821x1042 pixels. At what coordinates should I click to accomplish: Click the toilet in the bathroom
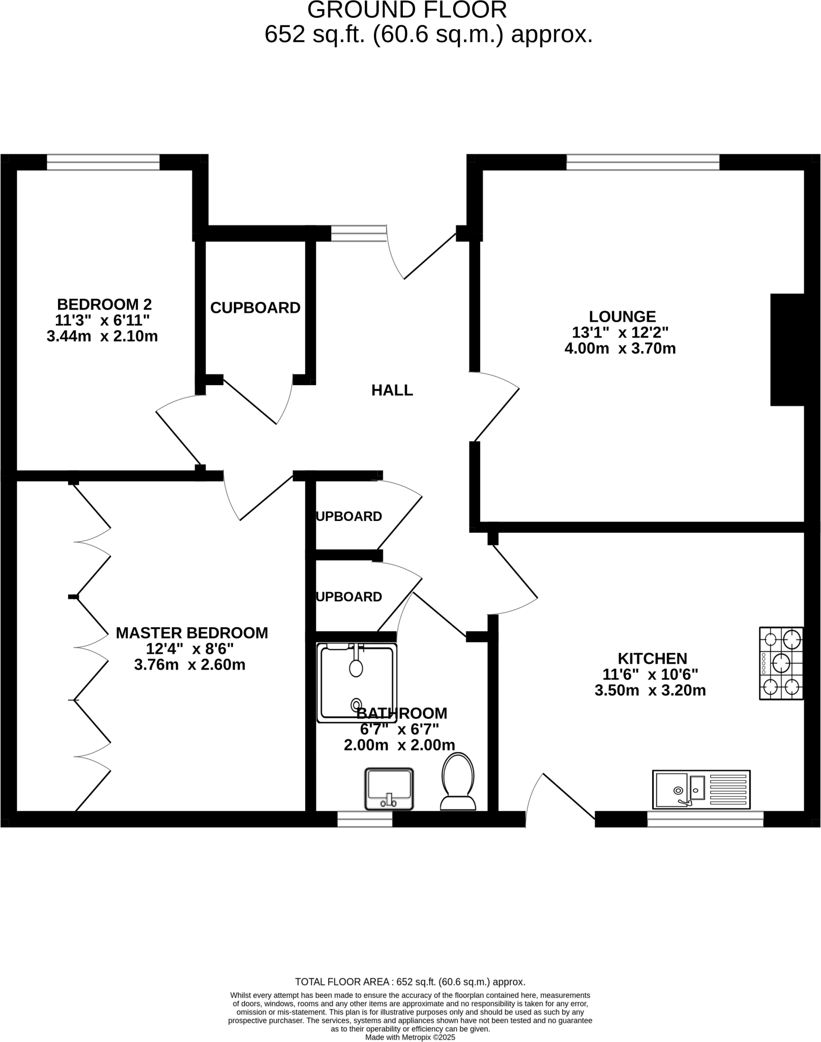coord(458,781)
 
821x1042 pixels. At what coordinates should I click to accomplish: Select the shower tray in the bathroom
coord(356,682)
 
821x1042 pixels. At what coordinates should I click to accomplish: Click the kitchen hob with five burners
coord(781,663)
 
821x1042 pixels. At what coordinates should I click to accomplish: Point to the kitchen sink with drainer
coord(701,789)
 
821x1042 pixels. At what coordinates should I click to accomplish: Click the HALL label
coord(392,390)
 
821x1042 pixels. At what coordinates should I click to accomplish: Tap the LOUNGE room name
coord(622,316)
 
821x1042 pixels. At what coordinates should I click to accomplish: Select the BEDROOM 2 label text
coord(104,304)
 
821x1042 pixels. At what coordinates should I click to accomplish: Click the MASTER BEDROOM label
coord(192,633)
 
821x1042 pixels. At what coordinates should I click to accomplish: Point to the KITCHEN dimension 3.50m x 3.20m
coord(650,690)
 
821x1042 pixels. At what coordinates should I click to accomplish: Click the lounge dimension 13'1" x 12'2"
coord(620,333)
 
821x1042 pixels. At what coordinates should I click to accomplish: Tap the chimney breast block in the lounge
coord(787,350)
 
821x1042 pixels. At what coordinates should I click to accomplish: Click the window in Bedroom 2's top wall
coord(103,162)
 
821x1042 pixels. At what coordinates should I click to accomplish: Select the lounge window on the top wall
coord(643,162)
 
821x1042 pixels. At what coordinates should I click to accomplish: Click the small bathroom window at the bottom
coord(365,819)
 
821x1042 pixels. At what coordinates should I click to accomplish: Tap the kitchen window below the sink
coord(705,819)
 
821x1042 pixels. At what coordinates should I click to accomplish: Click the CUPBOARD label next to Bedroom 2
coord(255,308)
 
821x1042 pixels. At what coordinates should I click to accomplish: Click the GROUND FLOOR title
coord(407,10)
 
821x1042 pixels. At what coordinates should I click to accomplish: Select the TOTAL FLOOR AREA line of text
coord(410,982)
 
